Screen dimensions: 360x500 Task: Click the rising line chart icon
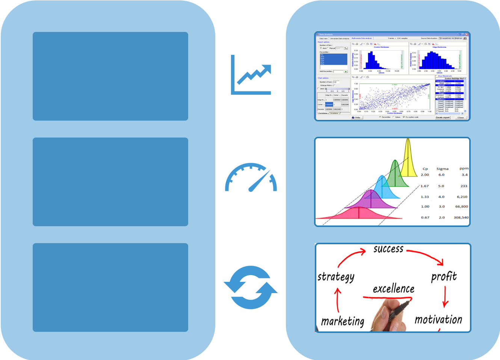click(x=251, y=75)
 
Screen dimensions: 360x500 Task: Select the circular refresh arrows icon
click(x=251, y=287)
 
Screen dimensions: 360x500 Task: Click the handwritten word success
click(x=388, y=249)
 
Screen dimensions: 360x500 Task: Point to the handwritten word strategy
click(x=336, y=277)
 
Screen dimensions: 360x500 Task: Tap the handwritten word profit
click(x=444, y=277)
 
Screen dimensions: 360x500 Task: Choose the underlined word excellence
click(x=393, y=289)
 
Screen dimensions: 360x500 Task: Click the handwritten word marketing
click(x=343, y=322)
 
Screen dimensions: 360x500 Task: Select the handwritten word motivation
click(x=438, y=320)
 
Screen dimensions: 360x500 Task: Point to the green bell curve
click(x=394, y=175)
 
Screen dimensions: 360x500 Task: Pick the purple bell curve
click(x=371, y=199)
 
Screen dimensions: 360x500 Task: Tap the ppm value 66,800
click(x=461, y=207)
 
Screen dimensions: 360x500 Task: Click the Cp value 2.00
click(x=425, y=175)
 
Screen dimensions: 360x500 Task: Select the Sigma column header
click(x=442, y=169)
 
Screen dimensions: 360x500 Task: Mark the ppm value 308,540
click(x=461, y=218)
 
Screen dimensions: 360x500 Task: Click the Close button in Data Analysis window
click(x=461, y=118)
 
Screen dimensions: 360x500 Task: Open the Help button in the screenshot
click(x=356, y=118)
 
